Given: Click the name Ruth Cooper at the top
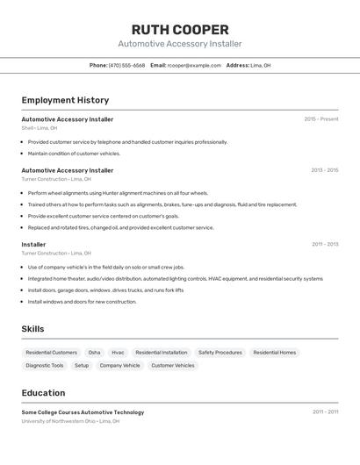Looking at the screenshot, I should [x=180, y=29].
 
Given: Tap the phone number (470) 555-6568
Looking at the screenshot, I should [x=126, y=65].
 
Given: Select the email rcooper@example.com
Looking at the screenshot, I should [x=194, y=65].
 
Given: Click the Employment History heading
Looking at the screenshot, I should [x=65, y=100].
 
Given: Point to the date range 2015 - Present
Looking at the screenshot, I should [x=320, y=119].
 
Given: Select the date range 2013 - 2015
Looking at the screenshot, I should [x=324, y=170].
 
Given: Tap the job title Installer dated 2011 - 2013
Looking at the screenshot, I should [x=33, y=245].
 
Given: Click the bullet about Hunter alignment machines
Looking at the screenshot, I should [x=118, y=193].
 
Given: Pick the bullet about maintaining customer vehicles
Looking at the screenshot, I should [x=74, y=154].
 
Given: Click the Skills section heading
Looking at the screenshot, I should [x=32, y=329].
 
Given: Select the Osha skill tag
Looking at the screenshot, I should [x=94, y=353].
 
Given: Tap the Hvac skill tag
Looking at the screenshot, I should [x=118, y=353].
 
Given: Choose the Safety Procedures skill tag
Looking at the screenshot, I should [x=220, y=353].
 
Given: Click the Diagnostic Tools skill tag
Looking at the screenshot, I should [x=45, y=366].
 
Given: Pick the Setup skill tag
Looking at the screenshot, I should [x=82, y=366].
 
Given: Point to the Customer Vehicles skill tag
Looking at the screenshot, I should [x=173, y=366].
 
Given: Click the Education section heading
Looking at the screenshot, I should [x=43, y=393].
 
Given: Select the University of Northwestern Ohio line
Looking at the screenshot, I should [x=70, y=421].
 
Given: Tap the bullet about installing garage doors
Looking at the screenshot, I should [x=105, y=290].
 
